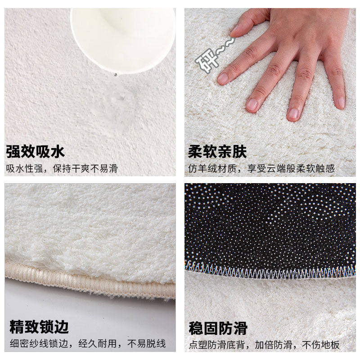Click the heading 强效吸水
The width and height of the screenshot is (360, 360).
(x=36, y=152)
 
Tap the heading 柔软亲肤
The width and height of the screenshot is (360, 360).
(x=217, y=152)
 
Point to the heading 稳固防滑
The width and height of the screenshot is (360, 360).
(x=218, y=328)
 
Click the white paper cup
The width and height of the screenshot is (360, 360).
(x=122, y=36)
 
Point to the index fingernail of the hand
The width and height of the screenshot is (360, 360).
(x=223, y=78)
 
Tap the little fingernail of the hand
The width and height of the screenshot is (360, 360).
(x=341, y=102)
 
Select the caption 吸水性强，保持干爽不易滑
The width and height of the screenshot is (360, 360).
(x=62, y=169)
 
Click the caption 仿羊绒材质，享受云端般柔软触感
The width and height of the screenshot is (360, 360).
(x=261, y=169)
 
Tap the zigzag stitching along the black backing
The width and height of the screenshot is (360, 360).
(x=270, y=272)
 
